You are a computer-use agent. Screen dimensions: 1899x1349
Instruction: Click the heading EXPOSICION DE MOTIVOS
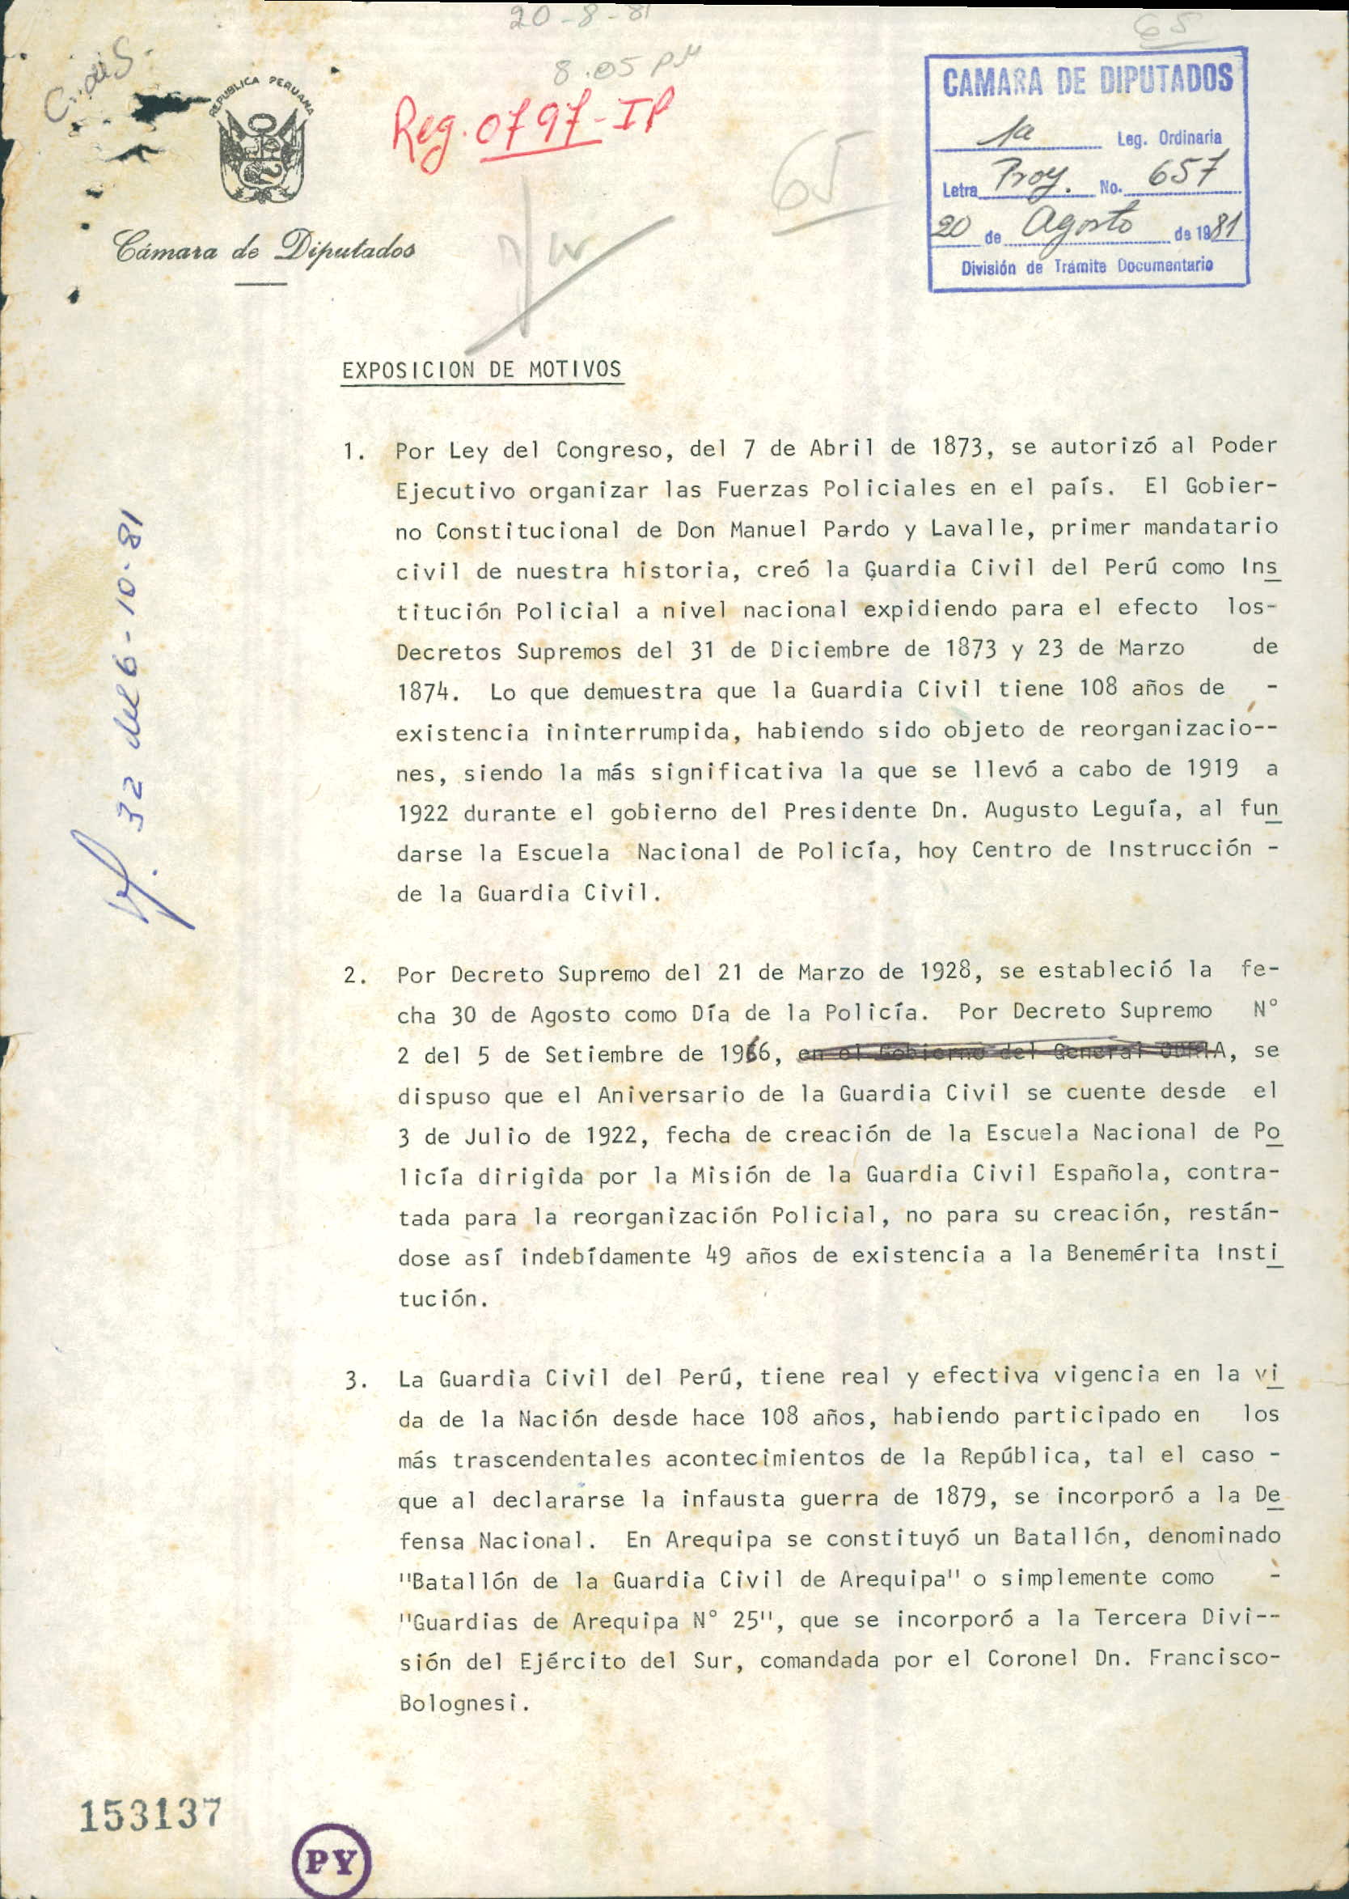click(482, 370)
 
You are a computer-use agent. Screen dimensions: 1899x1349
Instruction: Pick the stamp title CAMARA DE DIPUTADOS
click(1086, 81)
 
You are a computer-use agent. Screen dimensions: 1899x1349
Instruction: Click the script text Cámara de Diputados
click(264, 246)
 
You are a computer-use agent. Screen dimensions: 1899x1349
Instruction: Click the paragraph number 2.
click(355, 975)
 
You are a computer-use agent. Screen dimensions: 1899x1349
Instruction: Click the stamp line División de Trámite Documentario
click(1086, 267)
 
